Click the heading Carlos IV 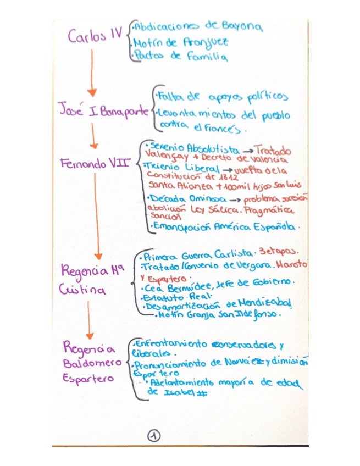pyautogui.click(x=95, y=37)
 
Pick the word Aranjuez pyautogui.click(x=208, y=42)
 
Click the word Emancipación pyautogui.click(x=180, y=226)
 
